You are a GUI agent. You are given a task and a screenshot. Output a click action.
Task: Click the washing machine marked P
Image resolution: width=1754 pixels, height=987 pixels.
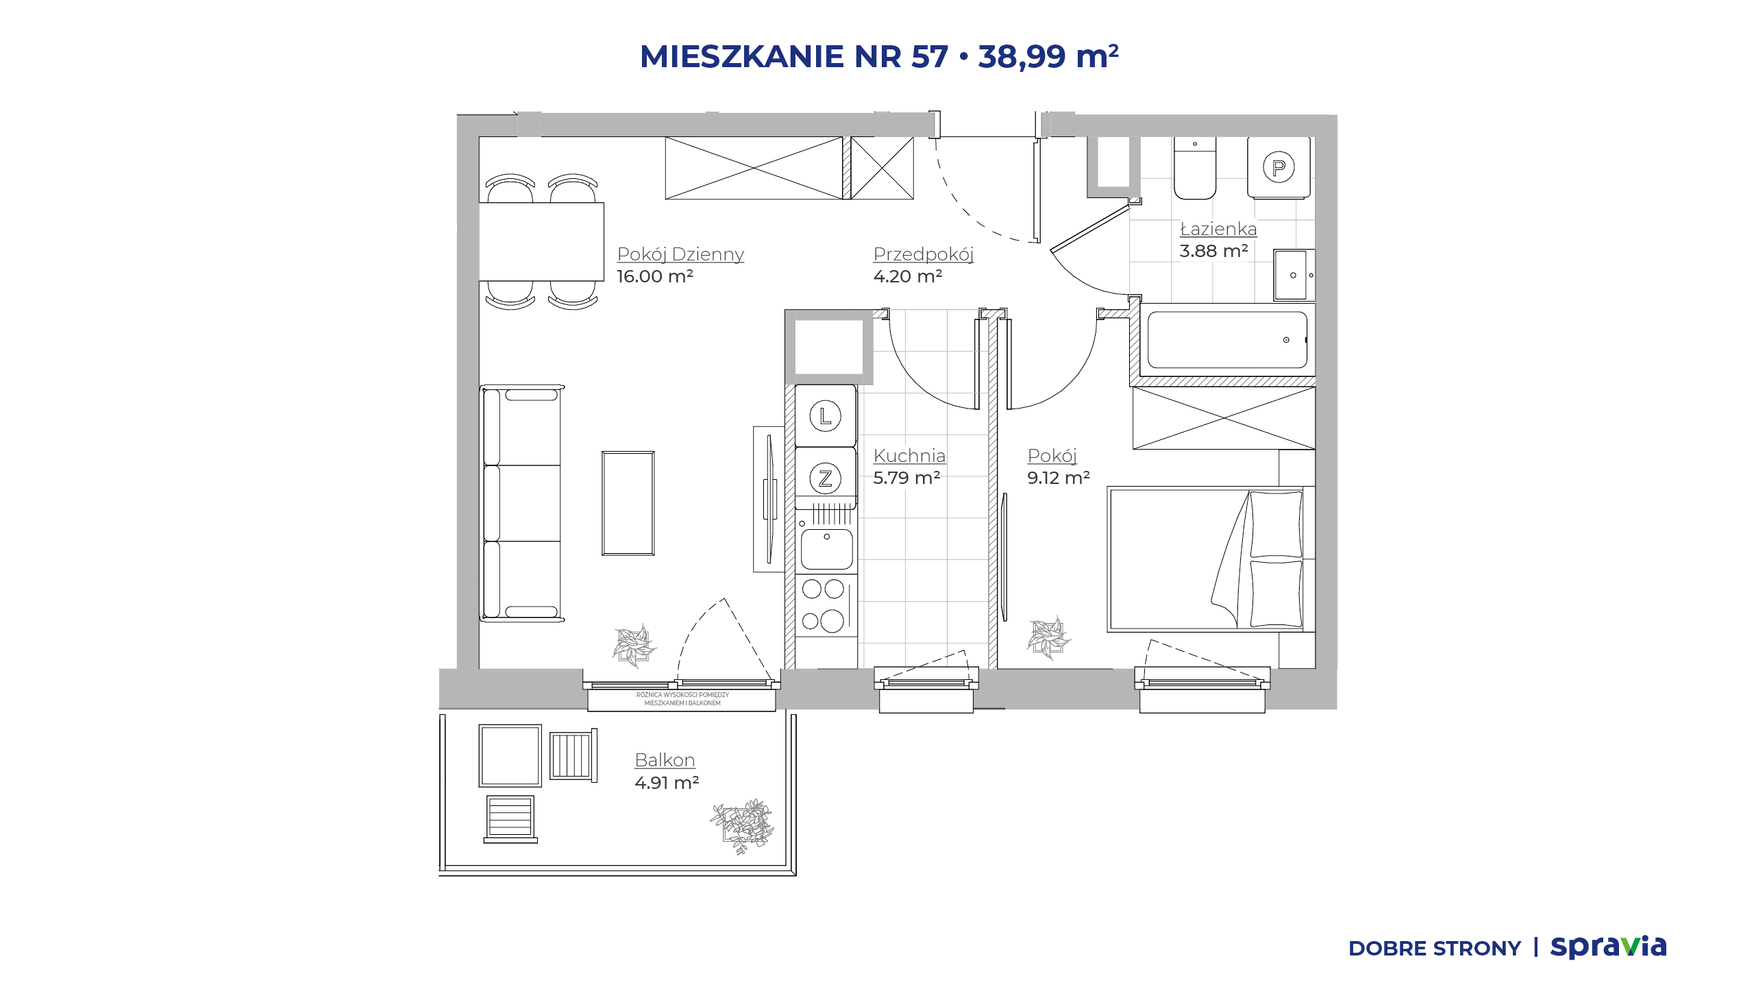(1279, 168)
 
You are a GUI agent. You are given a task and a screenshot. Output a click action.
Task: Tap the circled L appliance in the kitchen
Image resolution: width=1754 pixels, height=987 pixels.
(826, 416)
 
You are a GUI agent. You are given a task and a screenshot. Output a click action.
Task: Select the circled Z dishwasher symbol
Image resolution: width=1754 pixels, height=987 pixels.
(826, 478)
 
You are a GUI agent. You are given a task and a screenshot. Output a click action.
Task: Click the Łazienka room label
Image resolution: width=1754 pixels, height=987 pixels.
(1218, 229)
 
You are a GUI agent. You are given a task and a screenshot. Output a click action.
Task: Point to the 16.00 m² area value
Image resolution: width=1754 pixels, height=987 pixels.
(655, 276)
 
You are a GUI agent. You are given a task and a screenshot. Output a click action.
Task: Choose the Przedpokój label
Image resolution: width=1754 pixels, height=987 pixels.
(924, 254)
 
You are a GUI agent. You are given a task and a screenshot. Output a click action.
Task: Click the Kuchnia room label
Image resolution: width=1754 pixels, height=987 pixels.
(909, 456)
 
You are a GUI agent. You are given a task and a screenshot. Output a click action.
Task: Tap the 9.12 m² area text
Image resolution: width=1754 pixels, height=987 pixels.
(1059, 478)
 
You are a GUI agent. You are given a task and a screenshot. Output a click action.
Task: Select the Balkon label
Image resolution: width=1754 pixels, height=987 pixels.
(665, 760)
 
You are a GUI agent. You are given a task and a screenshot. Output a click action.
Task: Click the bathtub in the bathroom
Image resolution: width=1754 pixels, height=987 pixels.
(1227, 340)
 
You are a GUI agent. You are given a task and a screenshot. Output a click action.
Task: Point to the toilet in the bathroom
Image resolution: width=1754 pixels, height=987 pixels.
(1195, 168)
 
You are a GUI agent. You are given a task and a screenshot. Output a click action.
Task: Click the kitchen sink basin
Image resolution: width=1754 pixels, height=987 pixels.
(827, 548)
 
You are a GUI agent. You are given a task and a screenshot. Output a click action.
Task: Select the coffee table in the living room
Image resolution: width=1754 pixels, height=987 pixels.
(628, 503)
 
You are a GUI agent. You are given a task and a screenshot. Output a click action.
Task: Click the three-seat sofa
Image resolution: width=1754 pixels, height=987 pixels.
(522, 503)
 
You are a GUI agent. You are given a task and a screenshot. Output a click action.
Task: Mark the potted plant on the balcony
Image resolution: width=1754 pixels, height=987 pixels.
(743, 826)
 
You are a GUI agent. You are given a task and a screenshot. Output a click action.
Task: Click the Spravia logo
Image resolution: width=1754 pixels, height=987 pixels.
(1608, 947)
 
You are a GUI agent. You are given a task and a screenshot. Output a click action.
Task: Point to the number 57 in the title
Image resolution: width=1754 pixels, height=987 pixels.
(930, 56)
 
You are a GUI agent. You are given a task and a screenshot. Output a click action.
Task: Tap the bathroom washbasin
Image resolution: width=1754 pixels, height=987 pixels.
(1293, 275)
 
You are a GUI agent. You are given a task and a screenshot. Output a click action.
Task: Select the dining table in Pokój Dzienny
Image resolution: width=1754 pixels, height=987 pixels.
(541, 241)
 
